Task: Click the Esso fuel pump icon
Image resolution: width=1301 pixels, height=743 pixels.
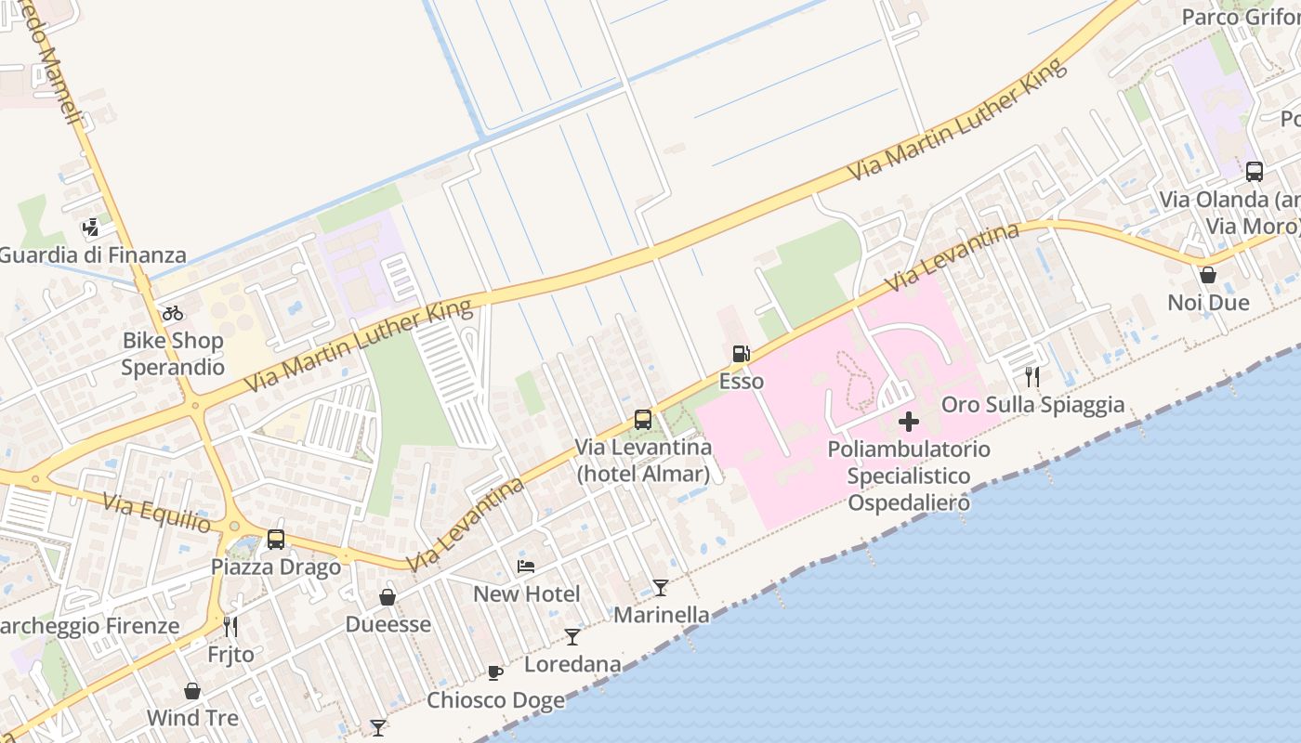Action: pyautogui.click(x=741, y=353)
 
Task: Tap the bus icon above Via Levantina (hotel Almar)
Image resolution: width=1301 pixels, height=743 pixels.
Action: pyautogui.click(x=642, y=419)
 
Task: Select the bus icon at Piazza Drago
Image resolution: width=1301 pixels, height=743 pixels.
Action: pyautogui.click(x=276, y=539)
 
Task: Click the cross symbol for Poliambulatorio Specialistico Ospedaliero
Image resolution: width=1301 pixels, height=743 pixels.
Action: pyautogui.click(x=909, y=422)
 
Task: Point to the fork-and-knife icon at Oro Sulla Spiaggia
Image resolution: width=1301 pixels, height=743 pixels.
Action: pyautogui.click(x=1032, y=376)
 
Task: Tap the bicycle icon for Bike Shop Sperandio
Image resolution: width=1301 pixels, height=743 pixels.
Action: pyautogui.click(x=173, y=313)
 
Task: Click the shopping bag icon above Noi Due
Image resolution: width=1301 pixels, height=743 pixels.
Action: pyautogui.click(x=1208, y=275)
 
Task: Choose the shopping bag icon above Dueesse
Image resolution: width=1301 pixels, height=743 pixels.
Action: pyautogui.click(x=388, y=596)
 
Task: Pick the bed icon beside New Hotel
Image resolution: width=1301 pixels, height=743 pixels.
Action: pyautogui.click(x=526, y=566)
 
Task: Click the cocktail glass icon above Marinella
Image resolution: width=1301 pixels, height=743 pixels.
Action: pyautogui.click(x=660, y=587)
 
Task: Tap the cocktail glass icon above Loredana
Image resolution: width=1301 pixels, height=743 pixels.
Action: pyautogui.click(x=572, y=636)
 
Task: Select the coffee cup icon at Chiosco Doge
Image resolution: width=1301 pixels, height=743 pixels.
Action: pyautogui.click(x=495, y=671)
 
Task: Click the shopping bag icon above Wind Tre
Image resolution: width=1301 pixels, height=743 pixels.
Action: pyautogui.click(x=192, y=691)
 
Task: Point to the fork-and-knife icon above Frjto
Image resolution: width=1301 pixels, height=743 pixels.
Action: pyautogui.click(x=230, y=626)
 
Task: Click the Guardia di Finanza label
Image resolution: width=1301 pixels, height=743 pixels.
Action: pyautogui.click(x=92, y=254)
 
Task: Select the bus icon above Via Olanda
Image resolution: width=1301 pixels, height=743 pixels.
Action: pyautogui.click(x=1255, y=171)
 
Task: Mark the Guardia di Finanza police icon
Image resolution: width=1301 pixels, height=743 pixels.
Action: pyautogui.click(x=90, y=226)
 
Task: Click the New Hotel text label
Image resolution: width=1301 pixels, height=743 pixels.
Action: pyautogui.click(x=526, y=593)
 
